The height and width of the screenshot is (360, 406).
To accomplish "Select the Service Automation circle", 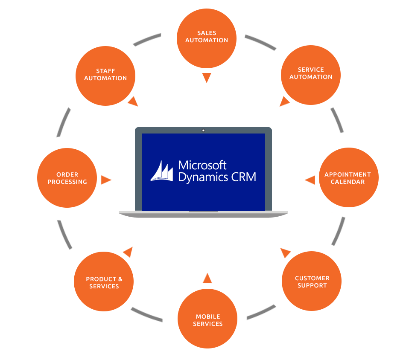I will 311,74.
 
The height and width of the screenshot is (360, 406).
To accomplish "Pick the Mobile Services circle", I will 207,319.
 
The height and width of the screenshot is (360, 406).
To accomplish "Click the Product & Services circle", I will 104,282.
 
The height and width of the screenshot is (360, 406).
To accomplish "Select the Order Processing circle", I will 67,178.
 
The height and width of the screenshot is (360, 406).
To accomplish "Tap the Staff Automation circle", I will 105,75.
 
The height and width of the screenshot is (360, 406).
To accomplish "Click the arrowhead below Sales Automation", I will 207,78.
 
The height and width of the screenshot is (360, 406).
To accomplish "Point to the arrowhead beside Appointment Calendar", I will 310,180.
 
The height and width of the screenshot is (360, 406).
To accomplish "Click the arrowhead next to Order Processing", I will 105,180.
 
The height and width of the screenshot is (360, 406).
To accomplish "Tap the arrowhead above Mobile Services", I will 207,279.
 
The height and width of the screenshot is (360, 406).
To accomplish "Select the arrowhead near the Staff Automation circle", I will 133,102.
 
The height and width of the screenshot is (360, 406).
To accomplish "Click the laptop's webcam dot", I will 203,130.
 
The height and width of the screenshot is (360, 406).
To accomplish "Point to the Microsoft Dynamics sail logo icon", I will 162,171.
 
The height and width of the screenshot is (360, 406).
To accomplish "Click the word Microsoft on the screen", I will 202,165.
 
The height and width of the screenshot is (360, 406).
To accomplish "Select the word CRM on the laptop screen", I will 245,177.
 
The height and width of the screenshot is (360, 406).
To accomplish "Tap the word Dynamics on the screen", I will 204,177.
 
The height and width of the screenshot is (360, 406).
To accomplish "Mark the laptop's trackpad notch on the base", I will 203,211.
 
